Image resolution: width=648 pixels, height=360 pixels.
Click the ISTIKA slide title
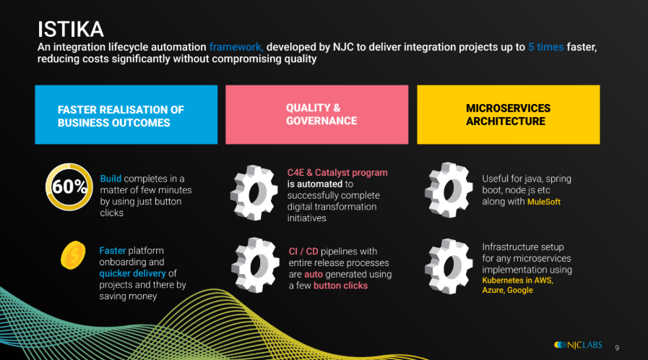71,30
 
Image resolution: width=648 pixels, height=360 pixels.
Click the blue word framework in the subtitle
236,47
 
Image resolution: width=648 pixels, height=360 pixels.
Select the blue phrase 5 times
546,47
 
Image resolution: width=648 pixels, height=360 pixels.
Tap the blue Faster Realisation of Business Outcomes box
126,114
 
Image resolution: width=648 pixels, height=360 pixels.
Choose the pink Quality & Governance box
317,114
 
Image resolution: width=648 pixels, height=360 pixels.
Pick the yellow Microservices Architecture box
509,114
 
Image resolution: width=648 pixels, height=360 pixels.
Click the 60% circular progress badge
69,187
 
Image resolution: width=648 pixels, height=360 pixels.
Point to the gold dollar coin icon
73,255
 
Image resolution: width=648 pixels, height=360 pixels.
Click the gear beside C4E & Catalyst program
254,192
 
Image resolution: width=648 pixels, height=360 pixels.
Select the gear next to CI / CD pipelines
255,265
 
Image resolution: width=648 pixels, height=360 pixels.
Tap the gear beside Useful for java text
449,190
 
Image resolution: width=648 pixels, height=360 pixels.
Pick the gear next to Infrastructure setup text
449,267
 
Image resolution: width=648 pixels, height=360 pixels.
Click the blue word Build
111,179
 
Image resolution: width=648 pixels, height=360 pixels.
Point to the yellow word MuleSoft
544,202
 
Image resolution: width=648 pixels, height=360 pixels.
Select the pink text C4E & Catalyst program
337,172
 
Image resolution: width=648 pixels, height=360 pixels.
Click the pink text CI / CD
303,252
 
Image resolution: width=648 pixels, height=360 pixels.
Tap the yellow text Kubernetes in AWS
517,280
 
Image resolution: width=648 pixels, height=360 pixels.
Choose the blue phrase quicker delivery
132,273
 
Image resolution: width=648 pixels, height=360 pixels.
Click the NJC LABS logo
578,345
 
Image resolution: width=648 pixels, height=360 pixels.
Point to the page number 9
617,348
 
